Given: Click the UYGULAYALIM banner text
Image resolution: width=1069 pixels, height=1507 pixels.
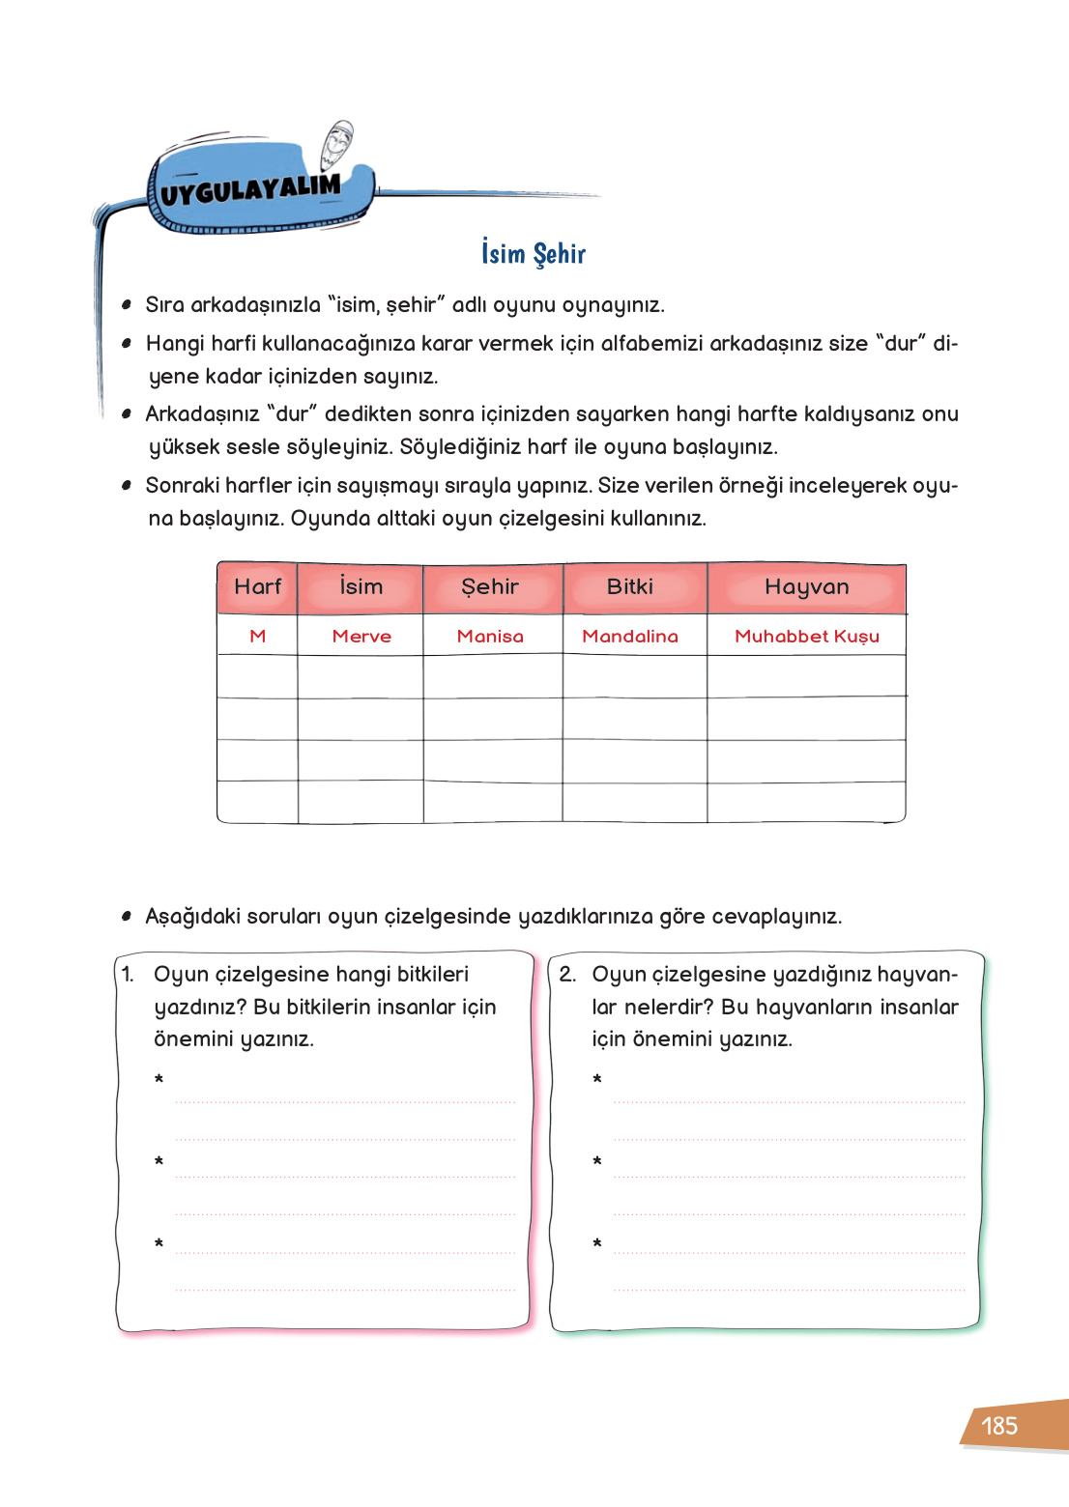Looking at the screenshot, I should tap(250, 190).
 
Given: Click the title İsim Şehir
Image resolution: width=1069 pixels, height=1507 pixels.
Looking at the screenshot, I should tap(534, 254).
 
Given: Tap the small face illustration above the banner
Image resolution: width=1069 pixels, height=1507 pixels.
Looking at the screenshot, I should tap(337, 145).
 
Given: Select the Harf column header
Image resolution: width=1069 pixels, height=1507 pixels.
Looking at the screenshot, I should tap(257, 587).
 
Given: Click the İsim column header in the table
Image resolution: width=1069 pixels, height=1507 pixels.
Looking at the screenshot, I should tap(361, 587).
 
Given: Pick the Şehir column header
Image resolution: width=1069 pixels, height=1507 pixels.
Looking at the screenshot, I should tap(490, 587).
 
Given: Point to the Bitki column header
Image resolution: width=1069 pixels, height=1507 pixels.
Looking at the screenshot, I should tap(630, 587).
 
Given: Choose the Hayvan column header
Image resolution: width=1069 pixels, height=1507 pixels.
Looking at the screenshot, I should tap(806, 587).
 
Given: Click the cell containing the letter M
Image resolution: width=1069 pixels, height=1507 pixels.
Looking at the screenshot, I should tap(257, 637).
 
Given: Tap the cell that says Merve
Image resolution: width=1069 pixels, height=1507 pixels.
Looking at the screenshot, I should tap(361, 637).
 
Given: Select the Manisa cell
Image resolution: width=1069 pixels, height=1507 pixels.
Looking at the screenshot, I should tap(490, 637).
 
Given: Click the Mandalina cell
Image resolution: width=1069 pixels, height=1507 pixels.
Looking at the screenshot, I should tap(630, 637).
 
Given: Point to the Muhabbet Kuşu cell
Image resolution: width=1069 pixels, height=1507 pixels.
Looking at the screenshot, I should tap(807, 637).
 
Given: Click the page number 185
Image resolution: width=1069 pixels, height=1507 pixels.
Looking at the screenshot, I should tap(999, 1426).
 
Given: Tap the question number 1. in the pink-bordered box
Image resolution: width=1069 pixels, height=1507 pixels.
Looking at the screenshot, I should tap(128, 975).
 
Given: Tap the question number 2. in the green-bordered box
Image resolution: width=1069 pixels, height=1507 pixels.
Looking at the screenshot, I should tap(567, 975).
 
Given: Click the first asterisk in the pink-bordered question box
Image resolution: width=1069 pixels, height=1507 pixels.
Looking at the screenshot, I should tap(159, 1079).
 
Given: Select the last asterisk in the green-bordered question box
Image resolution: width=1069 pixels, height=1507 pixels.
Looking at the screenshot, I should tap(597, 1243).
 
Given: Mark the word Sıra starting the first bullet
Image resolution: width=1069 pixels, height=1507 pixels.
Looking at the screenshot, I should tap(164, 305).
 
